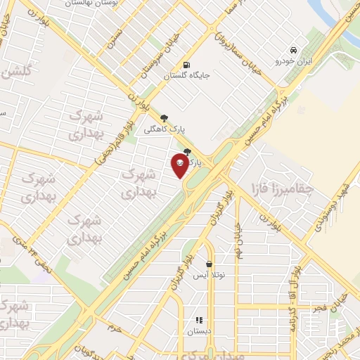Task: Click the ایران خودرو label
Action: tap(292, 62)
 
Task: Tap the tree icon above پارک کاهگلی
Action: tap(165, 118)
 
